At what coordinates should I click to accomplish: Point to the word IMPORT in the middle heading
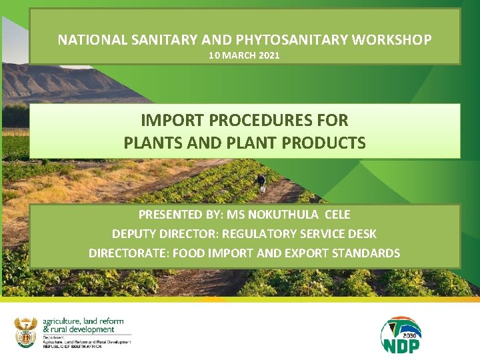coord(172,121)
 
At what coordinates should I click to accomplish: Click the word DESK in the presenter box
coord(361,234)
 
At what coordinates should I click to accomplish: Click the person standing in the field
coord(261,183)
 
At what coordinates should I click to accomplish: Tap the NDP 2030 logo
coord(401,335)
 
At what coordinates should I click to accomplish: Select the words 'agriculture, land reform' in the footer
coord(83,321)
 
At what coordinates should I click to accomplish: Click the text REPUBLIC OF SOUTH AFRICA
coord(73,347)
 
